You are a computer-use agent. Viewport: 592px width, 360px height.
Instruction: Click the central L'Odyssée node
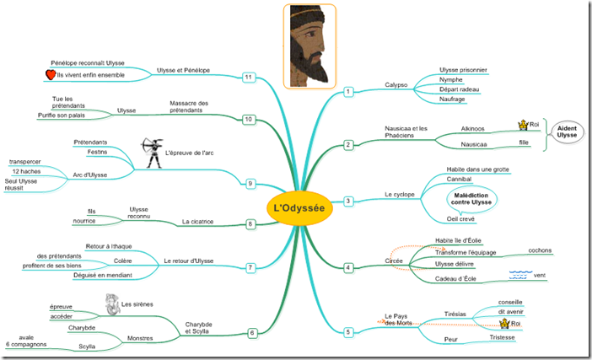(x=295, y=208)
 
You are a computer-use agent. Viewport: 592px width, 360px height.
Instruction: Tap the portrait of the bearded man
(x=309, y=46)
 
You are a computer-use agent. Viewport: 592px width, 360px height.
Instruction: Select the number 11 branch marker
(x=248, y=78)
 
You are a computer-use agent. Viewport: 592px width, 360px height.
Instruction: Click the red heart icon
(x=50, y=75)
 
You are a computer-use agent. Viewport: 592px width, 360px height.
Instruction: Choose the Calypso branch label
(x=396, y=85)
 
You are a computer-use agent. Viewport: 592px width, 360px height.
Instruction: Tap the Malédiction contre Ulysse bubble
(x=471, y=199)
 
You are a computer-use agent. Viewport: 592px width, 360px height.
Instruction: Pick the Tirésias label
(x=455, y=314)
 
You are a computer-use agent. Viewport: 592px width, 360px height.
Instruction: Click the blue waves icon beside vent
(x=520, y=274)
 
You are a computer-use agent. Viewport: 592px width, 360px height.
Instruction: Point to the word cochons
(x=539, y=250)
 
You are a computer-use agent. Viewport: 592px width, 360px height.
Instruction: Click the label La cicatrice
(x=197, y=223)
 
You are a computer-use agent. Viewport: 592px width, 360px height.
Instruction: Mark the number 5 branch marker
(x=348, y=331)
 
